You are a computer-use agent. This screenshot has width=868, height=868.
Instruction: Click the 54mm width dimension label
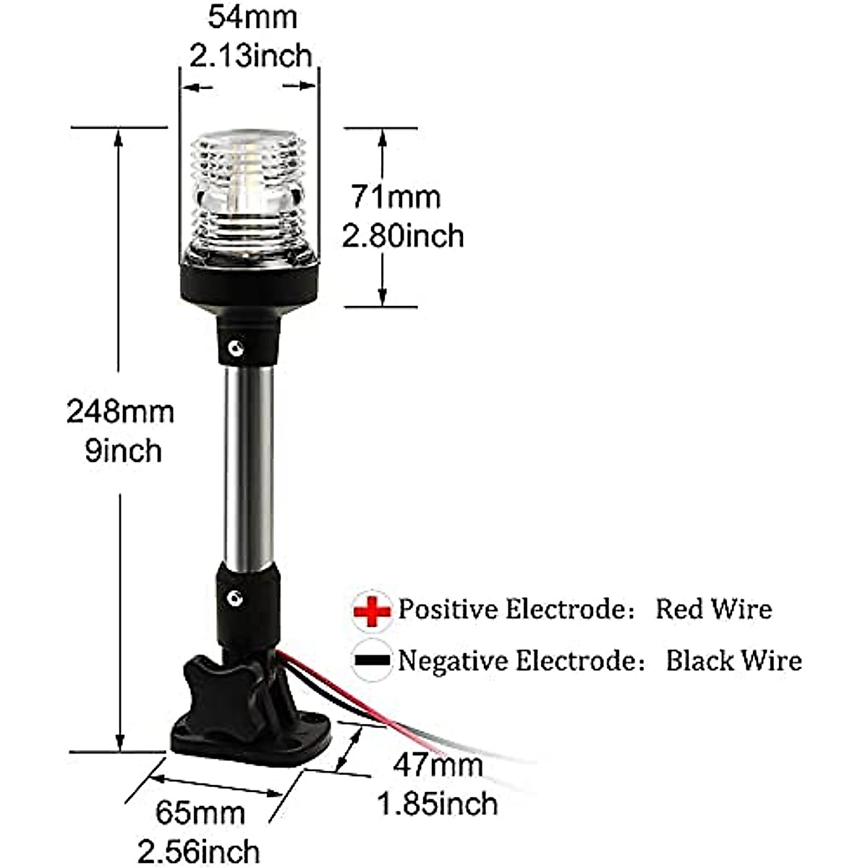[252, 18]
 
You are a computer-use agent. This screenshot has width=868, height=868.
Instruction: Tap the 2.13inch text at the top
[250, 56]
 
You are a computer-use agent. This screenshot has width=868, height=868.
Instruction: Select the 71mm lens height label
[396, 197]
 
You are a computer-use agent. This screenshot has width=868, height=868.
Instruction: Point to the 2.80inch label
[403, 236]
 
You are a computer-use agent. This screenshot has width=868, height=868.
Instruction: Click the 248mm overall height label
[120, 412]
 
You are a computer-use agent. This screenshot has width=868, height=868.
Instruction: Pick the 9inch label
[123, 451]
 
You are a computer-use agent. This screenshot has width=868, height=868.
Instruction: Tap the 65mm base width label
[200, 812]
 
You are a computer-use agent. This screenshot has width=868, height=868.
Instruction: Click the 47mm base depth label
[438, 765]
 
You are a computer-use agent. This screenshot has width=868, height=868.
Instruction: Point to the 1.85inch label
[438, 804]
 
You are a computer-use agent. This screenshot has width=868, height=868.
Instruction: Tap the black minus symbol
[373, 660]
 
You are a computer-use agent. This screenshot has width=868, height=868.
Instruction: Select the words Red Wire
[713, 609]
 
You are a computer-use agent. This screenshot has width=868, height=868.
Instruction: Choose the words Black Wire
[733, 660]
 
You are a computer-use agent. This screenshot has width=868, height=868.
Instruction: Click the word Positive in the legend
[448, 609]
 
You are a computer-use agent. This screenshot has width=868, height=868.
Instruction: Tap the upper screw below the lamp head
[234, 349]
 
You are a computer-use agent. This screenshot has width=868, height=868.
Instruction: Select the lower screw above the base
[234, 598]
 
